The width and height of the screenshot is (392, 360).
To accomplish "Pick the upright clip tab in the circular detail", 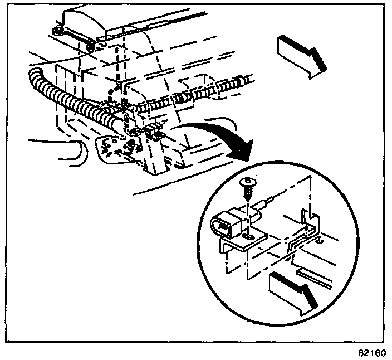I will pos(305,218).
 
